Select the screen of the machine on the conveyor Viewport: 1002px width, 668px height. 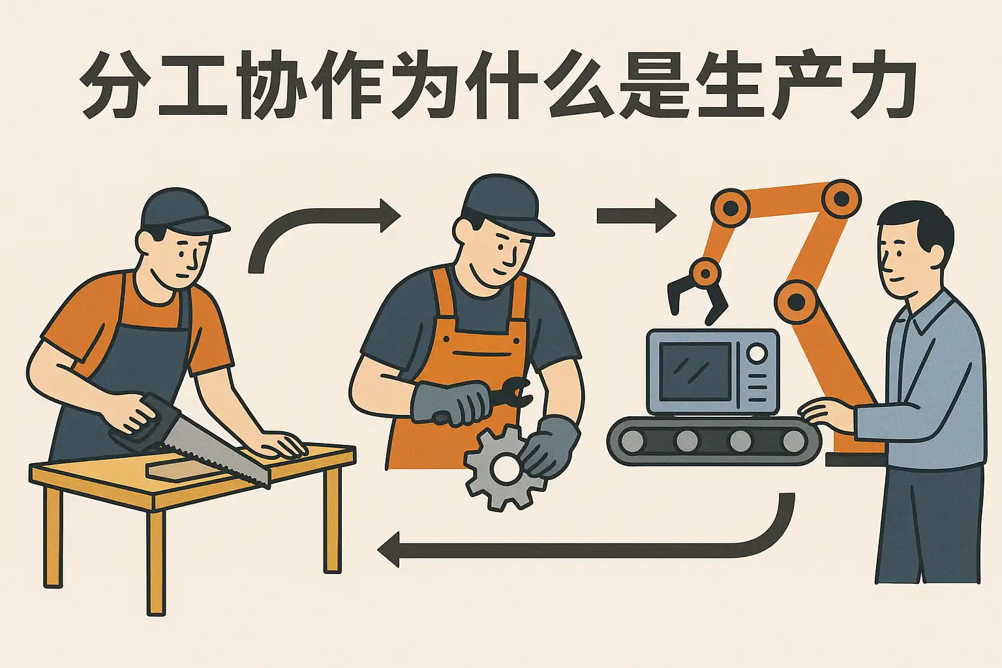[x=696, y=372]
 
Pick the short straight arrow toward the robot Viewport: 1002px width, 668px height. [x=636, y=216]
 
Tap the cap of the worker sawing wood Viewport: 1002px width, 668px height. [x=182, y=213]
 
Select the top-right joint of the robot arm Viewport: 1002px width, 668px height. [x=841, y=198]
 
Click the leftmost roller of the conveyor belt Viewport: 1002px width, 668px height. [x=633, y=441]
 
